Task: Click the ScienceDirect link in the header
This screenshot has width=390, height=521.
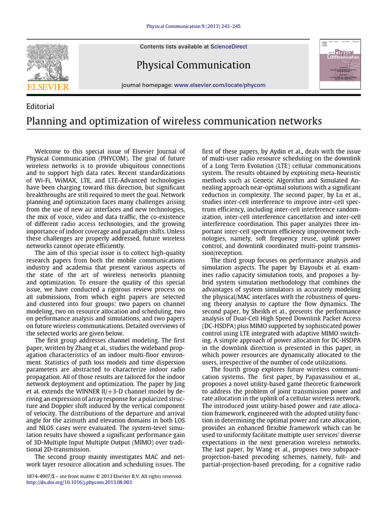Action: (229, 46)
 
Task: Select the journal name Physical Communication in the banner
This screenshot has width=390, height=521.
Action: (193, 65)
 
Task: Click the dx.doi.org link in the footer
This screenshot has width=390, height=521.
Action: (79, 482)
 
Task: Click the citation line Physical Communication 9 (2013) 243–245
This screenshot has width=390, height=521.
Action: (193, 26)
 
